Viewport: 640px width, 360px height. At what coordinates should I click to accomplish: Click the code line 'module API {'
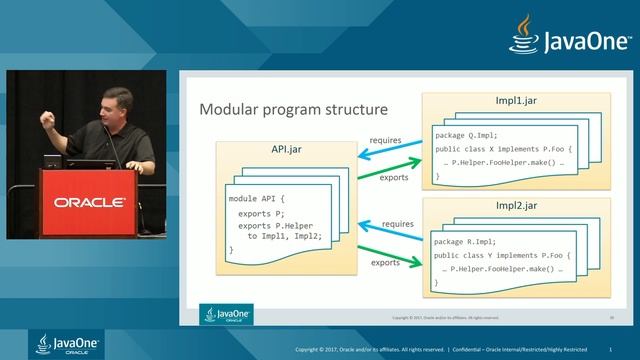pyautogui.click(x=257, y=199)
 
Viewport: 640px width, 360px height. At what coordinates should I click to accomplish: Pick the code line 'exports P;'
pyautogui.click(x=258, y=213)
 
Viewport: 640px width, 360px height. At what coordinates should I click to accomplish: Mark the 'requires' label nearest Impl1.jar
pyautogui.click(x=386, y=140)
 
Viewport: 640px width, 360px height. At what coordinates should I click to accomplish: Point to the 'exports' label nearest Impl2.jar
pyautogui.click(x=386, y=263)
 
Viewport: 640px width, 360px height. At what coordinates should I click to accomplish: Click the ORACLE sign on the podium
pyautogui.click(x=89, y=202)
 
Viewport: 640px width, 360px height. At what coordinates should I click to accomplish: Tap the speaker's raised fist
pyautogui.click(x=46, y=119)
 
